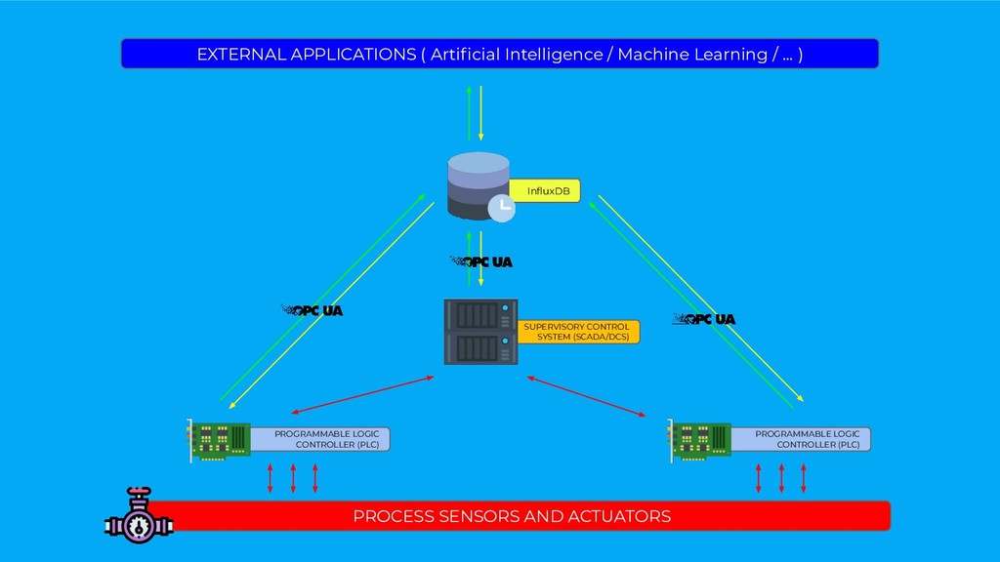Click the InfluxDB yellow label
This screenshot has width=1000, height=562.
pos(546,191)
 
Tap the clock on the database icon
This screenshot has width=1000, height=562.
pos(501,207)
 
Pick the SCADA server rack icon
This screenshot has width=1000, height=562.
pos(479,332)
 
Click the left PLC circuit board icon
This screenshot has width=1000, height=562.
pos(220,440)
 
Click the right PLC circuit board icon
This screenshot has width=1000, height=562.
pos(700,440)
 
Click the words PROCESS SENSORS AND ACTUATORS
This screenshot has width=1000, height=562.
pos(512,516)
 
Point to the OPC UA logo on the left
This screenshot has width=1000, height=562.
pos(312,311)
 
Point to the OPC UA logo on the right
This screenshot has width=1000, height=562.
pos(705,319)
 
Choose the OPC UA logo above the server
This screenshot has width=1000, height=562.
pos(481,261)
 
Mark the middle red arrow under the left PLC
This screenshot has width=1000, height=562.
pos(293,478)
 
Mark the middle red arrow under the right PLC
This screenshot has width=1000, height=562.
pos(781,478)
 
